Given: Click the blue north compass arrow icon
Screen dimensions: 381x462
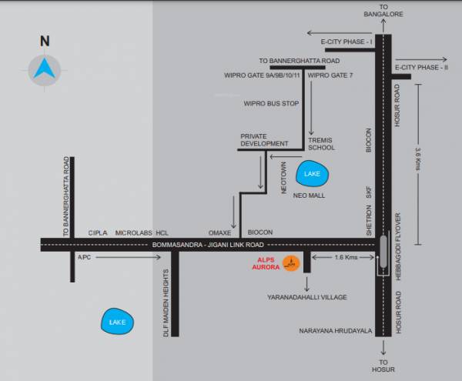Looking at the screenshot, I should pos(44,70).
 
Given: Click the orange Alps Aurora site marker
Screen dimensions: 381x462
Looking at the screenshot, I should pos(290,263).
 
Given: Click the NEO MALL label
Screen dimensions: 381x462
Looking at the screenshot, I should pos(310,196).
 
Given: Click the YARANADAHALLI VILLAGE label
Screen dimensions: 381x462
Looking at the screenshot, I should pos(307,296).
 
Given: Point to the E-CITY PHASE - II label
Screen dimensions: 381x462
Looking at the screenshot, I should pos(421,68).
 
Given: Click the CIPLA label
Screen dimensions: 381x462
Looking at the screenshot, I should pos(98,232).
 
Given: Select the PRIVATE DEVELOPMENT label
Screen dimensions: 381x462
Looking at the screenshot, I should pos(263,139).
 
